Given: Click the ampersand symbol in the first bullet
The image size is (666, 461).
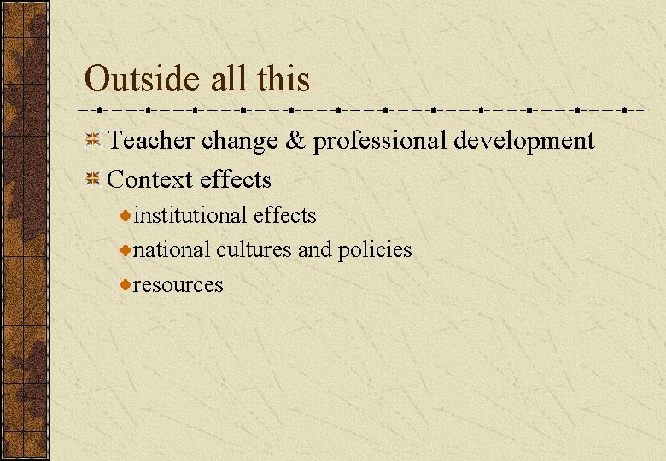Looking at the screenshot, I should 295,140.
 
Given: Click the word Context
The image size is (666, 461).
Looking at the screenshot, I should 151,179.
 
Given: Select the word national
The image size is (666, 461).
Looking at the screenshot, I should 172,249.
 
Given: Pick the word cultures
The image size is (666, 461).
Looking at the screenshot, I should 254,249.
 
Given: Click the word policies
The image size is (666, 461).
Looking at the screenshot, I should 375,250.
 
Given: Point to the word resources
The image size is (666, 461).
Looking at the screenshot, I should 178,284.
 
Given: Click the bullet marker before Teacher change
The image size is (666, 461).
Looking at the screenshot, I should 93,140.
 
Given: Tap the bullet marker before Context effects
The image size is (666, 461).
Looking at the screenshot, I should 93,179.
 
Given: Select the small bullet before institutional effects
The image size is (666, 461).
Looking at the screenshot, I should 125,216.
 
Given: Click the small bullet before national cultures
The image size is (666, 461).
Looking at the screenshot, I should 125,250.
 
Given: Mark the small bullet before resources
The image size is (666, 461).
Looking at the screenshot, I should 125,284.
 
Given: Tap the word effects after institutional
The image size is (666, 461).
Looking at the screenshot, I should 284,215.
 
